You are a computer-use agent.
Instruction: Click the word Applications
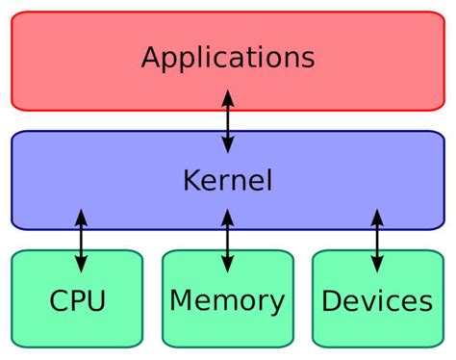pos(228,57)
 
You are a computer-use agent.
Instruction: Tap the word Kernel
pos(228,180)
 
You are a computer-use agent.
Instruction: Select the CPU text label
pos(77,301)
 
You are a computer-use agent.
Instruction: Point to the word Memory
pos(227,301)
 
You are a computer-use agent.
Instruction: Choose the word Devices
pos(376,301)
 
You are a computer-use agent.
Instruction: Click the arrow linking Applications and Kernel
pos(228,120)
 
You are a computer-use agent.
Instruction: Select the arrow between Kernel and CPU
pos(81,241)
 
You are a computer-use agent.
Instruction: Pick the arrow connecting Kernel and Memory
pos(227,241)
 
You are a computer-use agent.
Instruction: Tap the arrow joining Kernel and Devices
pos(376,241)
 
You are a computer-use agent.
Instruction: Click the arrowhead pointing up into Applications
pos(228,94)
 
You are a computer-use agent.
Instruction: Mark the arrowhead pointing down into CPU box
pos(81,266)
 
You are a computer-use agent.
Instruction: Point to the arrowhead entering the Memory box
pos(227,266)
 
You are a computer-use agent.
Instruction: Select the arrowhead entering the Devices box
pos(376,266)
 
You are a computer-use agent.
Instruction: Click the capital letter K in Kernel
pos(190,180)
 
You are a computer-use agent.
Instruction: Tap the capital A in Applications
pos(151,57)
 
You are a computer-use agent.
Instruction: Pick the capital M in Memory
pos(180,301)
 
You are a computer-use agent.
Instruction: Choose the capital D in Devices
pos(331,301)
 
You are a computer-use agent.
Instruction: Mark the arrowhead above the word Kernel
pos(228,146)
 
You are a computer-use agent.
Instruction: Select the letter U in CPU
pos(95,301)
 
